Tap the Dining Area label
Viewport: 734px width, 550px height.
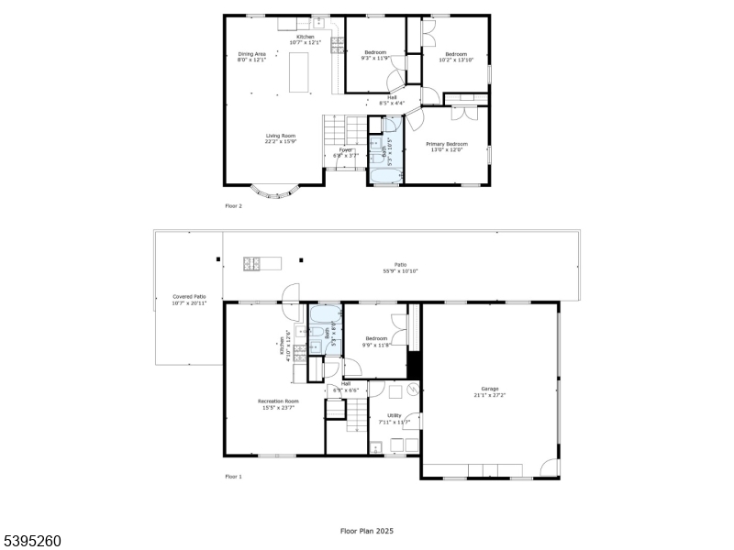(252, 54)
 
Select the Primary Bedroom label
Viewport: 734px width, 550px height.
(447, 144)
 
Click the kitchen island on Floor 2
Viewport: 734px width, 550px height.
(299, 72)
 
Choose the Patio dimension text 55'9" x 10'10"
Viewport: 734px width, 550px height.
(401, 271)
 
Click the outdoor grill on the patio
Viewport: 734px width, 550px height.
(250, 264)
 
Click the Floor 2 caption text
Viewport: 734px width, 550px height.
(234, 206)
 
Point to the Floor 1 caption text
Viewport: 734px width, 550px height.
(234, 477)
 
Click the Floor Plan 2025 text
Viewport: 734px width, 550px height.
(366, 531)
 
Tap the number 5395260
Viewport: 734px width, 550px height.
(31, 541)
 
